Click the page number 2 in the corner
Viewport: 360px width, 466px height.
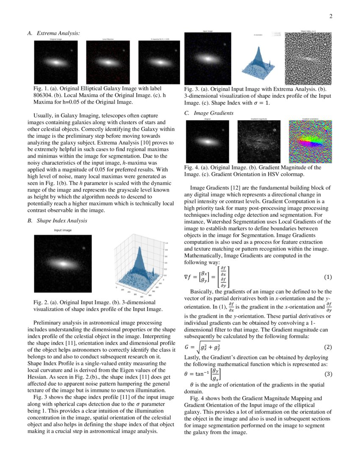click(331, 17)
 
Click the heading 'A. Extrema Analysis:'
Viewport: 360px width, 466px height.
click(54, 33)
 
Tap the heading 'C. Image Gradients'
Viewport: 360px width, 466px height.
click(208, 113)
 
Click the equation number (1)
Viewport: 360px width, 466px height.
click(327, 277)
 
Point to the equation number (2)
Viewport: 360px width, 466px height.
click(327, 347)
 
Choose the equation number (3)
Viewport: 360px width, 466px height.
click(327, 374)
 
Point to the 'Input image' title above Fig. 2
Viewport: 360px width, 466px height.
click(62, 230)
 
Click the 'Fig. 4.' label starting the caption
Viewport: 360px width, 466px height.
click(191, 167)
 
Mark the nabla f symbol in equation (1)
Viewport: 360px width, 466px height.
click(190, 277)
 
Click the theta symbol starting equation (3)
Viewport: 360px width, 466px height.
click(187, 374)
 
